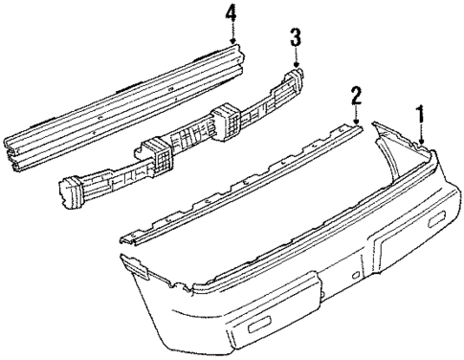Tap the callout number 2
click(x=356, y=95)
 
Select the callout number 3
click(x=296, y=37)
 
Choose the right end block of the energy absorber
click(x=295, y=77)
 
